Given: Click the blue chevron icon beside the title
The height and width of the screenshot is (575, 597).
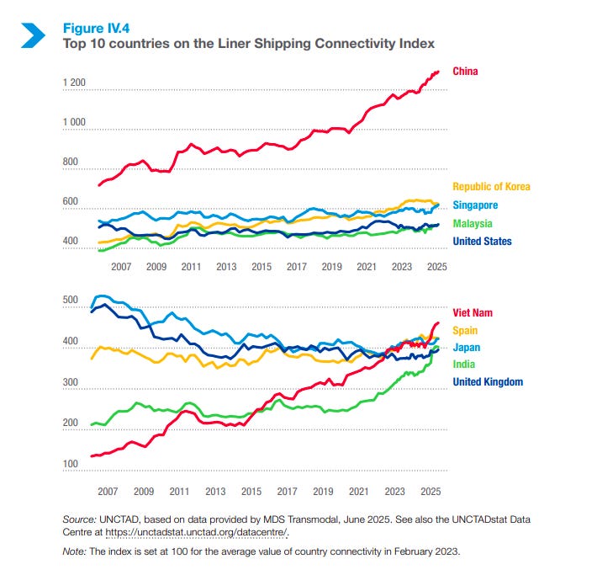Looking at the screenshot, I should (x=33, y=34).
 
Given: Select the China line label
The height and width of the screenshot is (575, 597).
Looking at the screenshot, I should (x=465, y=71).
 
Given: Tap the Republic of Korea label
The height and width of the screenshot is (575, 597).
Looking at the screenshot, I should (x=492, y=187).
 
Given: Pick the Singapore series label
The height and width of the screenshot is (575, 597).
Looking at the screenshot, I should (x=475, y=205).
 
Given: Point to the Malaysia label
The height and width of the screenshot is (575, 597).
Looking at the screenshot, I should (x=473, y=224).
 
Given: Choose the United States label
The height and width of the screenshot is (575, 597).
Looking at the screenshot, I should (x=483, y=242).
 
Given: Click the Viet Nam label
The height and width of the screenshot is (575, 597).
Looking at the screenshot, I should (x=472, y=312).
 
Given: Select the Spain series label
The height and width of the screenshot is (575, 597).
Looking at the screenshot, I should (x=465, y=330).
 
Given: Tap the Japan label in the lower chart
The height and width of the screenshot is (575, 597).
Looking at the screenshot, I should (x=466, y=348).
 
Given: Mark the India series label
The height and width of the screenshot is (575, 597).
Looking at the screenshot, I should (x=463, y=365).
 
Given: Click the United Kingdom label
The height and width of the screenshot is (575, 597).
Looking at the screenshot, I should (x=488, y=382).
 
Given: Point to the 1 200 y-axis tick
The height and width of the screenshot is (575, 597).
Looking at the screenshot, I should (x=74, y=83).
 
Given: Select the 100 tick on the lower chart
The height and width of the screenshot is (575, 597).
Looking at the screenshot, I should (x=71, y=463).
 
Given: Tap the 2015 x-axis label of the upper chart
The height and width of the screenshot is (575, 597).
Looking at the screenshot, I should (x=262, y=266).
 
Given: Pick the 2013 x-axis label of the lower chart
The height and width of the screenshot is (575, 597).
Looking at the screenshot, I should (x=214, y=491).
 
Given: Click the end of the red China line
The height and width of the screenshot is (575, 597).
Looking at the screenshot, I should (x=438, y=72).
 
